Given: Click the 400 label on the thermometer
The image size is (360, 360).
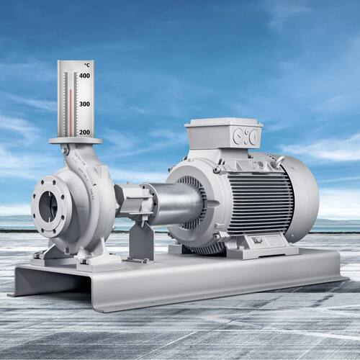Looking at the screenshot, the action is click(84, 76).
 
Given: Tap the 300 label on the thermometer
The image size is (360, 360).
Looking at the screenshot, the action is click(84, 104).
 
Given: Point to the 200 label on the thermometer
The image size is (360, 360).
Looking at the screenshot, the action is click(84, 132).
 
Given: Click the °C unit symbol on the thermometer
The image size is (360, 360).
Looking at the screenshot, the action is click(87, 65).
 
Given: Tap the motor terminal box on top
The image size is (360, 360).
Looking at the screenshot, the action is click(223, 132).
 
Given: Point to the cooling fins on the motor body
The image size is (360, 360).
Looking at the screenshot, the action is click(261, 203).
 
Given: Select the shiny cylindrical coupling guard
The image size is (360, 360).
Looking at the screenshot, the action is click(175, 204).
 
